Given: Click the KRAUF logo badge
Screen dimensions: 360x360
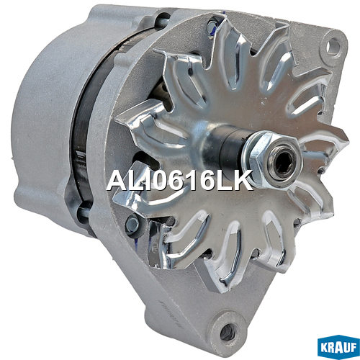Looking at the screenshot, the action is [338, 347].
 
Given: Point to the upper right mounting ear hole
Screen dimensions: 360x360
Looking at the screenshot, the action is [333, 45].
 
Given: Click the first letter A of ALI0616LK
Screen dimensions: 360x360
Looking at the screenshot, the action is [117, 180].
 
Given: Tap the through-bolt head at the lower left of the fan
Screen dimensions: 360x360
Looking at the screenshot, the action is [132, 224].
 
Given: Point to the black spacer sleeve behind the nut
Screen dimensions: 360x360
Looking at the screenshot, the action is [230, 146].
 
